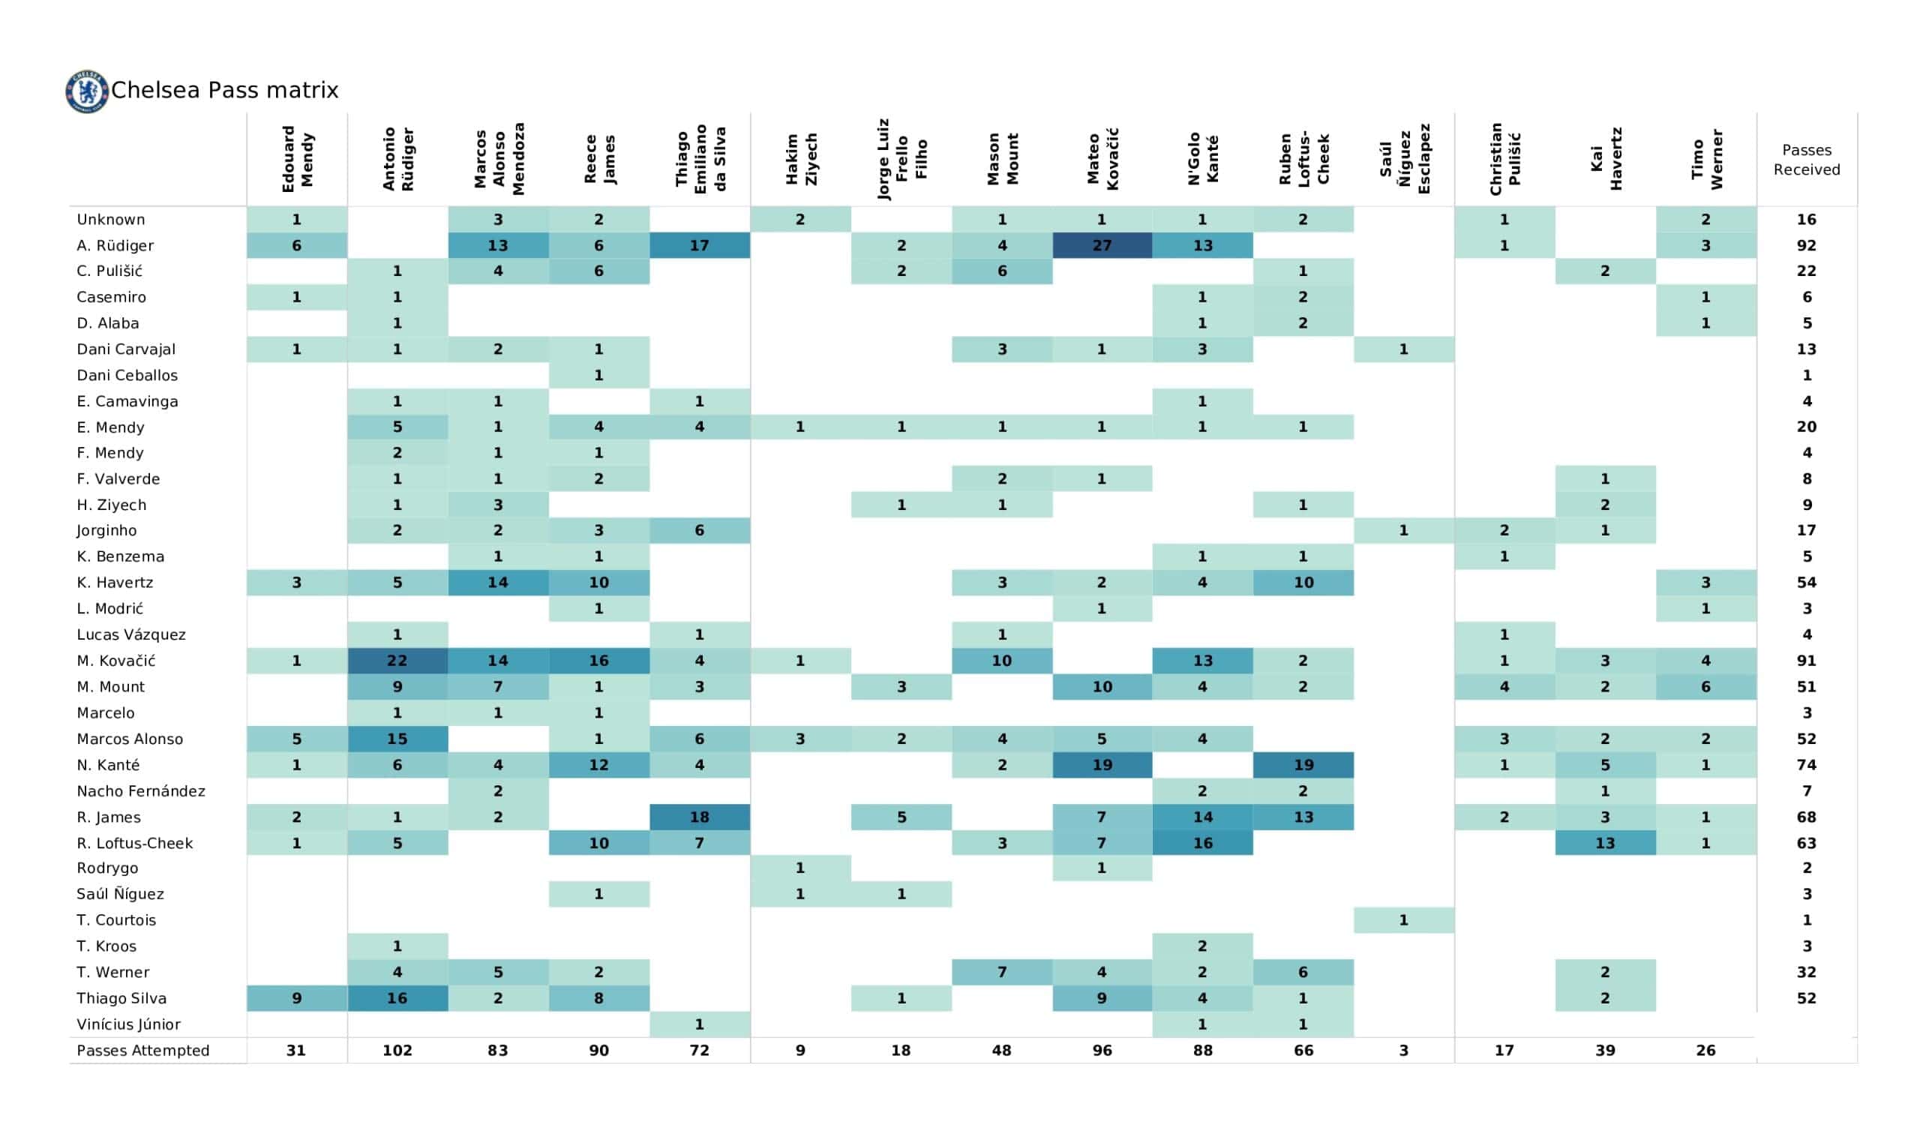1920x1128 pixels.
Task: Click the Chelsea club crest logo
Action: click(87, 91)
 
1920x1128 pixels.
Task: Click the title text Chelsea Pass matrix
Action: click(225, 91)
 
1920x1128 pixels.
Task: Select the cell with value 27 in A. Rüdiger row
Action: click(1102, 245)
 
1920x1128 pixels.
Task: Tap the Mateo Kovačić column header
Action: click(1102, 158)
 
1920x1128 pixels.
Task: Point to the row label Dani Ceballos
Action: click(127, 375)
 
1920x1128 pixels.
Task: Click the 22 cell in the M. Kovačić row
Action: click(397, 661)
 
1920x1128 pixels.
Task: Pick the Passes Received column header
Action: click(1806, 160)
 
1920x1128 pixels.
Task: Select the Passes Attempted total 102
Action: click(397, 1050)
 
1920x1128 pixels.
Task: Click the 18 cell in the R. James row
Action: click(700, 817)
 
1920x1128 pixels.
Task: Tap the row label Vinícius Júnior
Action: click(129, 1024)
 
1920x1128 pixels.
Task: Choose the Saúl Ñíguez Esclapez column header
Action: click(1404, 158)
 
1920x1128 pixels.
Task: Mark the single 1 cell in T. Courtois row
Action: click(1403, 920)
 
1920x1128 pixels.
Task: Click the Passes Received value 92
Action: click(1806, 245)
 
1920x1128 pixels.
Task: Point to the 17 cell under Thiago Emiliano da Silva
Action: click(700, 245)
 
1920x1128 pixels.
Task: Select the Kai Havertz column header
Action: click(1605, 158)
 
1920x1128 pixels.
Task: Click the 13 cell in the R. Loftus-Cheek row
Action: click(1604, 843)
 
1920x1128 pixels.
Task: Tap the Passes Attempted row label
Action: click(142, 1050)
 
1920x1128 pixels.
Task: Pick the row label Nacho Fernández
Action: click(141, 791)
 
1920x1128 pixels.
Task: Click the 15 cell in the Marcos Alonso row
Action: click(397, 739)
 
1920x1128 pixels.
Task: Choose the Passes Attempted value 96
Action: click(1102, 1050)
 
